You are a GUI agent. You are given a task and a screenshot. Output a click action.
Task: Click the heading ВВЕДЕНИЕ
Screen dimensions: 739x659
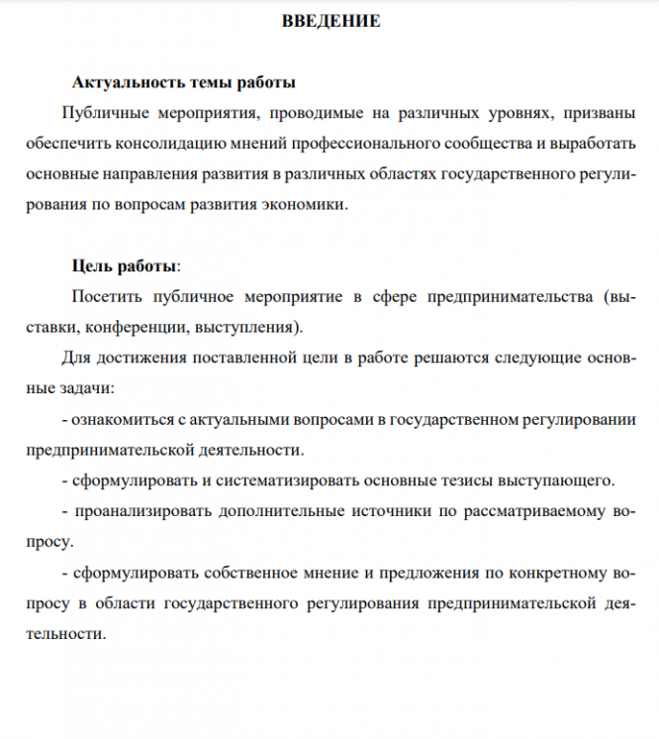point(330,21)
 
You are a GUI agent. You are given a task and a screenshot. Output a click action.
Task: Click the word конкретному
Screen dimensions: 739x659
point(555,574)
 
